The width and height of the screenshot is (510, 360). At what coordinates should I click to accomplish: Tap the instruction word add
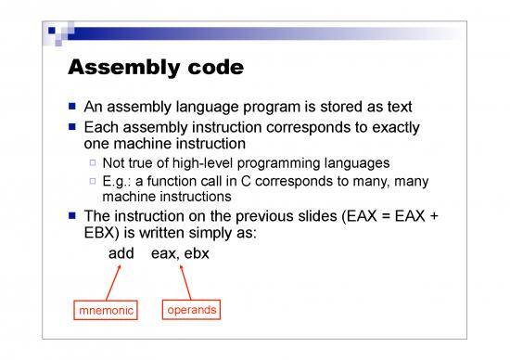(121, 253)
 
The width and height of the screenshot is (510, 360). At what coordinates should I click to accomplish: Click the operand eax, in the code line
(167, 253)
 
